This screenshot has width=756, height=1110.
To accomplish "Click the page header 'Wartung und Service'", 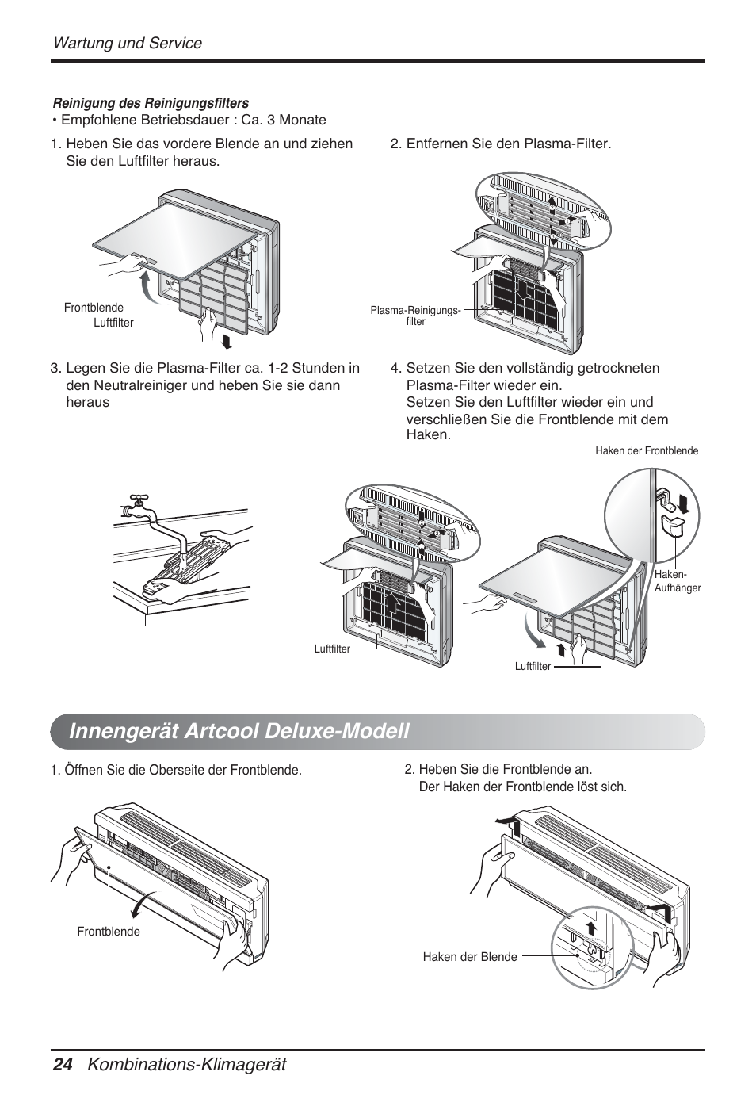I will tap(127, 43).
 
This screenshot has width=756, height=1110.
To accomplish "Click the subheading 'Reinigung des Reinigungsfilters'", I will tap(151, 103).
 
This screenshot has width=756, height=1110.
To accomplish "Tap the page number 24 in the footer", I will tap(62, 1065).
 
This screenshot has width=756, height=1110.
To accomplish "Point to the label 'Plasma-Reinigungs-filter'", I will tap(415, 316).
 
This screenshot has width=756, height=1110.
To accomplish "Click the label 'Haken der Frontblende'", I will tap(647, 451).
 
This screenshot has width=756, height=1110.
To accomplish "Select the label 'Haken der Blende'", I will tap(469, 957).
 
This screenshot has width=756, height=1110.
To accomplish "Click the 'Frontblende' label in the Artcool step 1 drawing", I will tap(109, 932).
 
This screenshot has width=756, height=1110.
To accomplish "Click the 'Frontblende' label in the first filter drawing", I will tap(94, 308).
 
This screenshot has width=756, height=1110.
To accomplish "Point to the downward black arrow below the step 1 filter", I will tap(228, 342).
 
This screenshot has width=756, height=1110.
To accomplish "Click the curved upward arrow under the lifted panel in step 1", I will tap(145, 289).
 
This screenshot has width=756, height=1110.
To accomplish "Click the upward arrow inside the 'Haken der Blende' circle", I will tap(590, 930).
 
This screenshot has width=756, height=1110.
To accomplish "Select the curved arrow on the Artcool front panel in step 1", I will tap(142, 904).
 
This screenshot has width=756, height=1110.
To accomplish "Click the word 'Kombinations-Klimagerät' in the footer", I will tap(187, 1065).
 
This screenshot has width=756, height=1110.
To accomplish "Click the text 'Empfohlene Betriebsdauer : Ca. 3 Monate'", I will tap(193, 121).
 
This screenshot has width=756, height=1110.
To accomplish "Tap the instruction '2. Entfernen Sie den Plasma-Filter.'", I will tap(500, 144).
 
